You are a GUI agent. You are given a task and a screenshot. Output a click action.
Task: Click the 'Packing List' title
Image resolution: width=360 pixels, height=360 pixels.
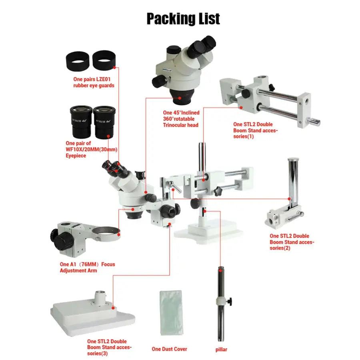[x=183, y=19]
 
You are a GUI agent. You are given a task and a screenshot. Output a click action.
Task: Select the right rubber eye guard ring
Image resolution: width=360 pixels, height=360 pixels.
[x=104, y=60]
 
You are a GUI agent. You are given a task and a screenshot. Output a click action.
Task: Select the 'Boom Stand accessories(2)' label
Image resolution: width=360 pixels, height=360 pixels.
[x=292, y=242]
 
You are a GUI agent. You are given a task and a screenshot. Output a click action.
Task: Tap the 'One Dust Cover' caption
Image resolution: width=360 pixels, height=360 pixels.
[x=169, y=349]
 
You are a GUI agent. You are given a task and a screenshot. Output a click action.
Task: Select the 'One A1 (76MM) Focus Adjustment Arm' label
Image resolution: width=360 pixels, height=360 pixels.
[x=87, y=267]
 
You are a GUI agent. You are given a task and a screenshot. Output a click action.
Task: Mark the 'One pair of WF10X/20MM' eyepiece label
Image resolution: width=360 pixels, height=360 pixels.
[x=87, y=149]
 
